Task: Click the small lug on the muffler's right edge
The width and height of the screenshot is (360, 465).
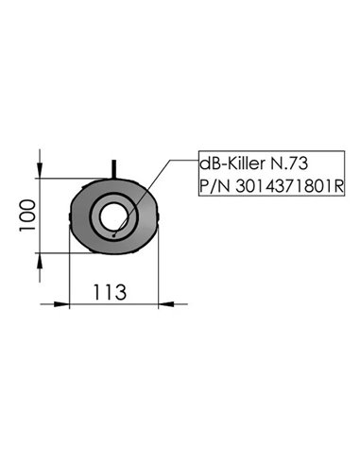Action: coord(159,216)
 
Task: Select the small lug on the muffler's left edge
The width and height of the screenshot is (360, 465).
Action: coord(73,216)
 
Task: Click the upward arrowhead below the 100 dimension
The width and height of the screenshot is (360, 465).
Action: coord(40,264)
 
